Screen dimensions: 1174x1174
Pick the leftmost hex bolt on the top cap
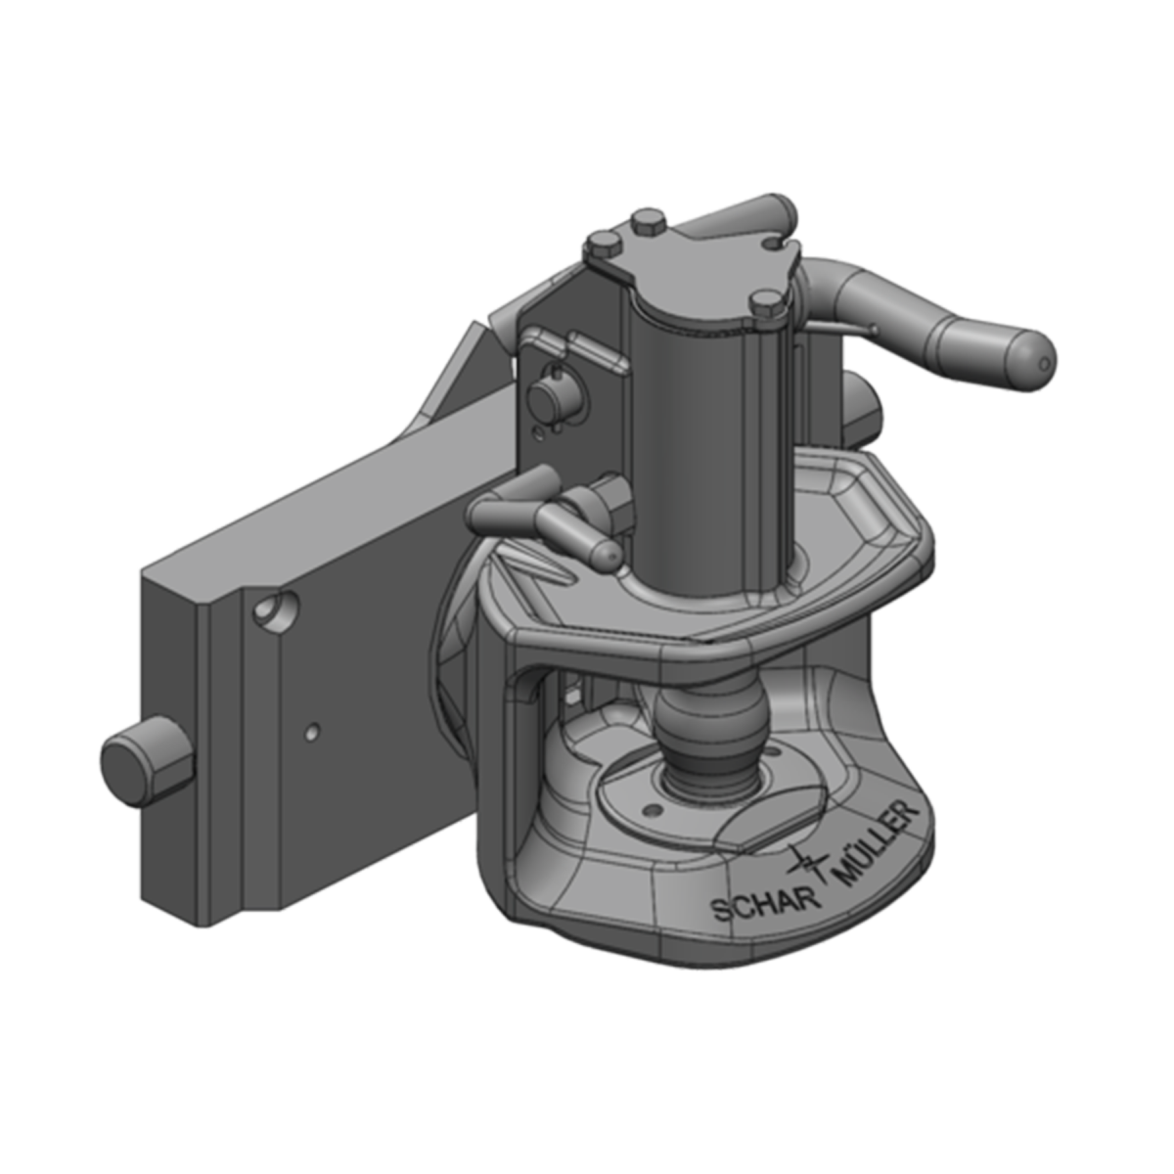[602, 245]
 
